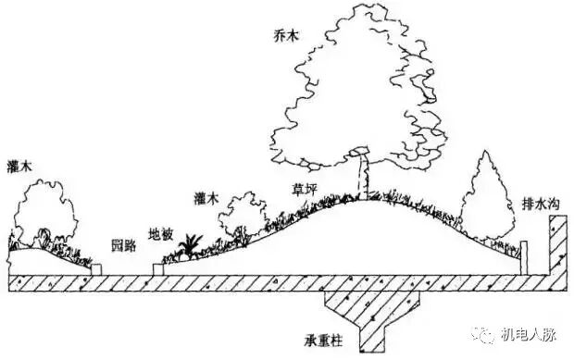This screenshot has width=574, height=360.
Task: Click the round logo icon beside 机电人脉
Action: pyautogui.click(x=489, y=333)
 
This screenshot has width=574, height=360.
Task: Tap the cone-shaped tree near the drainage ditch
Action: pyautogui.click(x=490, y=199)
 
